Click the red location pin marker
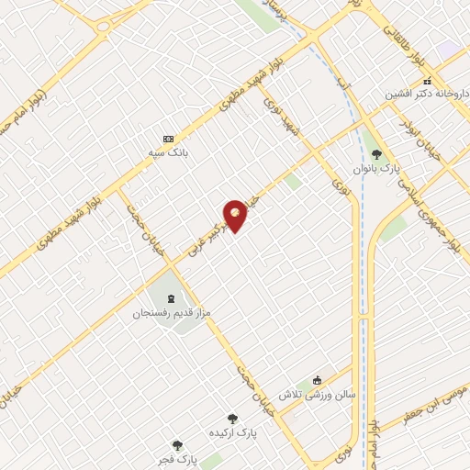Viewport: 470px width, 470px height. point(236,214)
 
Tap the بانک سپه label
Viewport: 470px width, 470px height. point(168,153)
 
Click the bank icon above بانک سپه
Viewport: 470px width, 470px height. point(168,139)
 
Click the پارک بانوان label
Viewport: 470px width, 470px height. point(376,169)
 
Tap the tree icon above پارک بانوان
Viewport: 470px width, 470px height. point(376,154)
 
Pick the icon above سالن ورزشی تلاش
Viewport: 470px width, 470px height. point(318,380)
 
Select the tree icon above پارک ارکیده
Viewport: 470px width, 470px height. point(231,418)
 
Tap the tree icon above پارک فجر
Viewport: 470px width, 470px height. point(177,444)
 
